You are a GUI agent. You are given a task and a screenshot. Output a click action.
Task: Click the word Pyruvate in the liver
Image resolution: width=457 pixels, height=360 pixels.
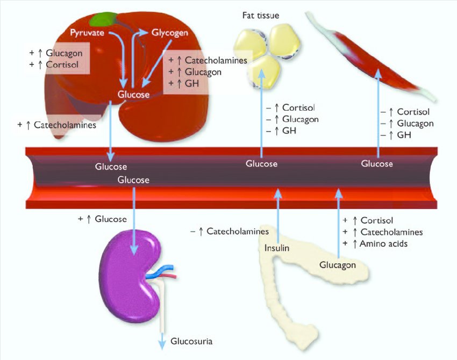(x=88, y=33)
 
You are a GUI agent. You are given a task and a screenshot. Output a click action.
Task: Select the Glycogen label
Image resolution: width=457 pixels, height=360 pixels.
(x=169, y=33)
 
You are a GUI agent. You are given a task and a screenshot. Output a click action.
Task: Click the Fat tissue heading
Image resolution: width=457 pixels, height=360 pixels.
(x=261, y=16)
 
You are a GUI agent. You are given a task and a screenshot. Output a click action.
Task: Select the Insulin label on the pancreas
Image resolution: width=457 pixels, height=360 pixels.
(x=277, y=248)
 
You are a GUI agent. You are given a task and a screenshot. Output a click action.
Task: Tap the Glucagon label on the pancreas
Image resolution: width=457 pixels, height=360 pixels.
(x=338, y=265)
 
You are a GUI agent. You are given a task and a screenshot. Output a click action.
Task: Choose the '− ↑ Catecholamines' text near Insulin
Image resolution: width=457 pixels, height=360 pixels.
(x=230, y=232)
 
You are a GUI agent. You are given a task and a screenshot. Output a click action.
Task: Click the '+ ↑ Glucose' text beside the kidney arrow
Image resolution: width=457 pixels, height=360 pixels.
(x=102, y=219)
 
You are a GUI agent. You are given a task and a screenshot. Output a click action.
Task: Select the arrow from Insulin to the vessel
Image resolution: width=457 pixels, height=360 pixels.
(x=278, y=215)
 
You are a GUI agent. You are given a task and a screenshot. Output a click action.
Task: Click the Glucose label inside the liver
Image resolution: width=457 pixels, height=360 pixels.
(x=133, y=95)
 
